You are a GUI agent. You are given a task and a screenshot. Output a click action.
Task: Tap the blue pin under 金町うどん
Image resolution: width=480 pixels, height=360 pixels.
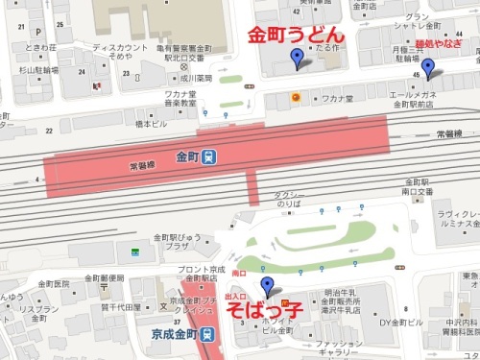click(x=298, y=61)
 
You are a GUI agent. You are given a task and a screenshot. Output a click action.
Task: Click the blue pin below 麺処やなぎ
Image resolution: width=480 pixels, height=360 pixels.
click(x=428, y=68)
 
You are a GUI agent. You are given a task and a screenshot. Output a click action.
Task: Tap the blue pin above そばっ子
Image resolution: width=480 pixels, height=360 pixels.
click(x=268, y=284)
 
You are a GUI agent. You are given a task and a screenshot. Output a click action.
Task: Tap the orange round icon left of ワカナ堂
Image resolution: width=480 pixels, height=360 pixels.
click(x=297, y=98)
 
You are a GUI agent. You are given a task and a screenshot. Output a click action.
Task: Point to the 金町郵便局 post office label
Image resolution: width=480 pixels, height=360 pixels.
click(x=104, y=278)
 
